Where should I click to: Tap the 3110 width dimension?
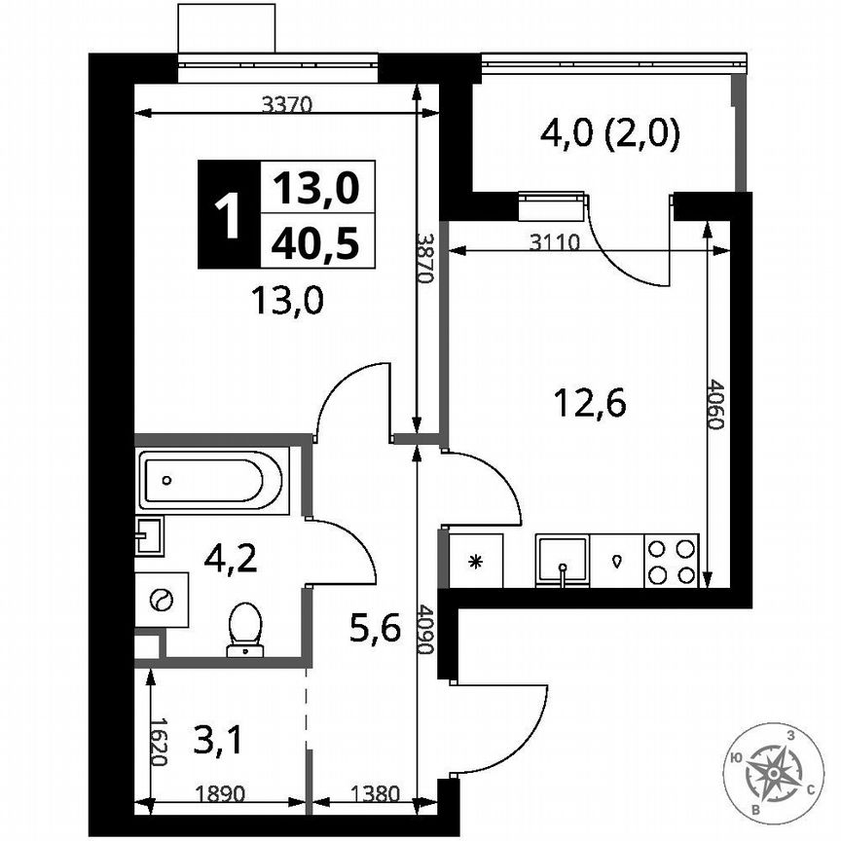[557, 243]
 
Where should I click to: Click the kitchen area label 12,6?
[588, 400]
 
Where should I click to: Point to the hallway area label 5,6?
[375, 631]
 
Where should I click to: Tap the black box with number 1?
[229, 215]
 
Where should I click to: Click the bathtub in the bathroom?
[212, 480]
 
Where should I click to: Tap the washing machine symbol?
[162, 599]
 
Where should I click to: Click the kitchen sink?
[562, 562]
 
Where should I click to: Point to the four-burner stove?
[672, 562]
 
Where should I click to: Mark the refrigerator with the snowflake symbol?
[476, 562]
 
